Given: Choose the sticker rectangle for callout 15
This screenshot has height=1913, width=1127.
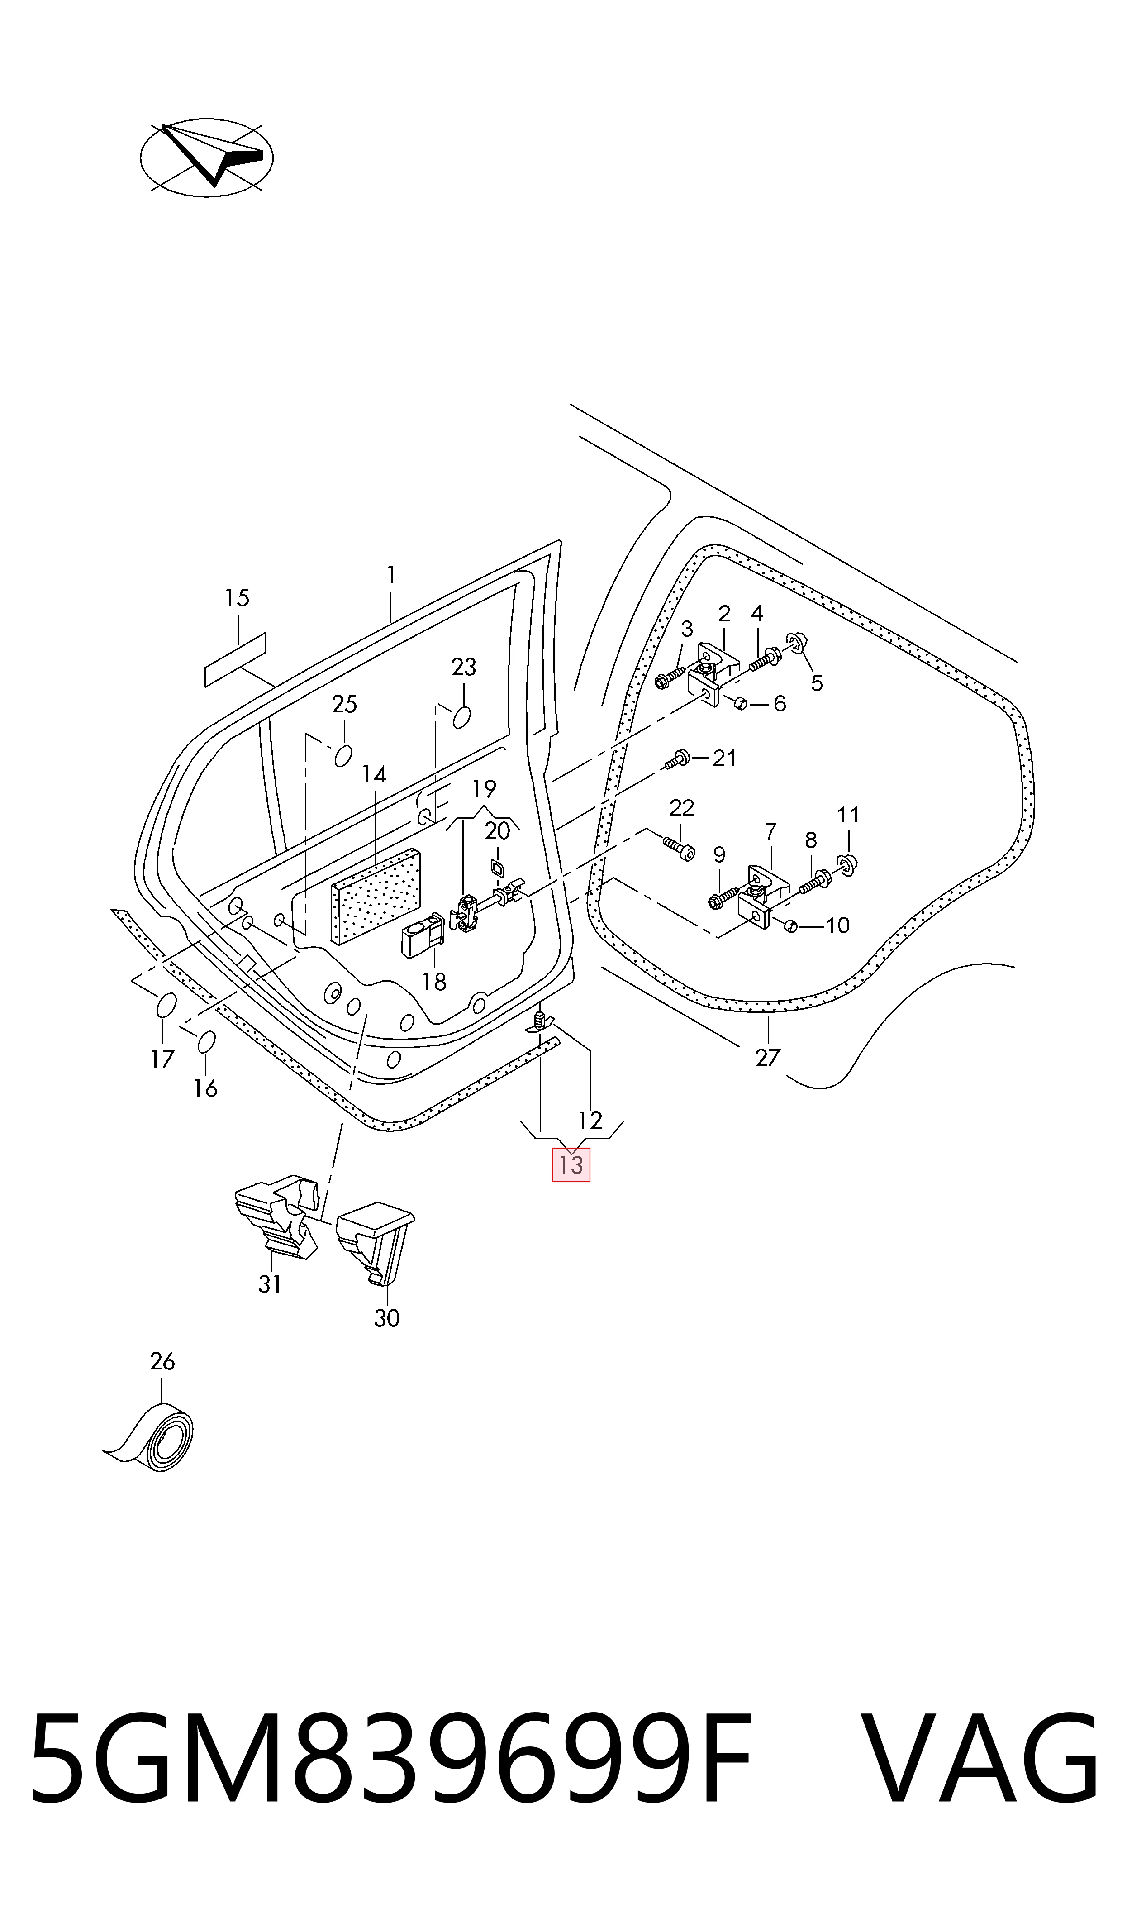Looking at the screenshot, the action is [x=235, y=659].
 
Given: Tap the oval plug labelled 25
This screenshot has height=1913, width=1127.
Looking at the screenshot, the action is [x=343, y=756].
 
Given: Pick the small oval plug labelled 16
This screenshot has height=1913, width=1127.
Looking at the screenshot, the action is [x=206, y=1041].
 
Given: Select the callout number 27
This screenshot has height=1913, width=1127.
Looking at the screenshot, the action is [x=767, y=1057].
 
